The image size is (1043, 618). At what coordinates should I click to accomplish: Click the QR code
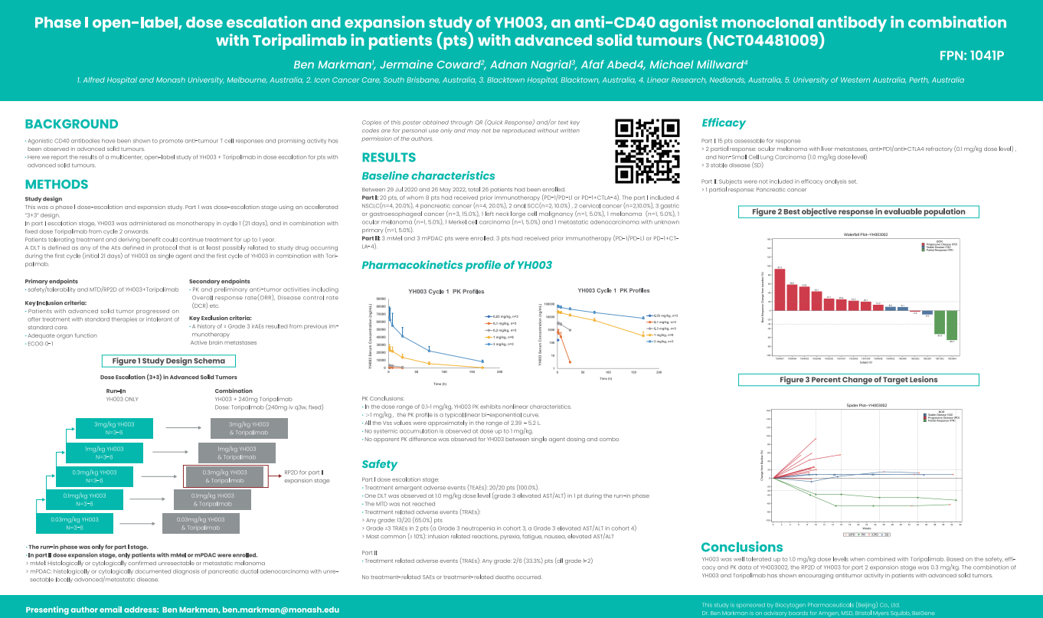click(648, 151)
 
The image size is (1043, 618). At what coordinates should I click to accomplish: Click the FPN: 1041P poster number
click(970, 56)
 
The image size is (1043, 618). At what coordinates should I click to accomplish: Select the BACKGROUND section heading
click(71, 124)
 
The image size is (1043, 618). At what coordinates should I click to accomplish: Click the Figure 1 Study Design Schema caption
click(168, 361)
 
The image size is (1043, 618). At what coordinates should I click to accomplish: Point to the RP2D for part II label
click(307, 476)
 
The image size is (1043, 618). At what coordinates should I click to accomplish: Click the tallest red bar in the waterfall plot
click(780, 289)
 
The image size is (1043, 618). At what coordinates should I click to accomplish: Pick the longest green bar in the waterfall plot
click(952, 325)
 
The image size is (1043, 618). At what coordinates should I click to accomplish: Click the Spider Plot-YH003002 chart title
click(866, 404)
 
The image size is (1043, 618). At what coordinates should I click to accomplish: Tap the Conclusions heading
click(742, 547)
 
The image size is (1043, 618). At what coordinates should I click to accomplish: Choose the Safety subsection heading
click(379, 464)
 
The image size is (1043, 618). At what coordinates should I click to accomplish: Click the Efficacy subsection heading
click(724, 123)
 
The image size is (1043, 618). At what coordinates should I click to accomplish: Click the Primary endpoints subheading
click(51, 281)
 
